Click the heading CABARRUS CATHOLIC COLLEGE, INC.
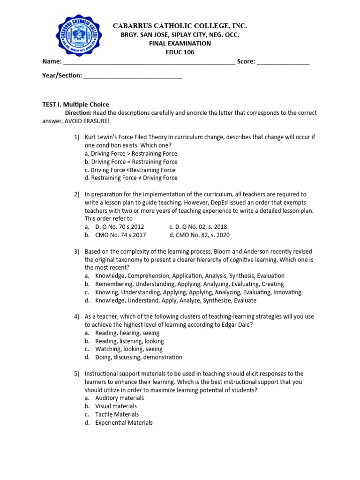click(180, 26)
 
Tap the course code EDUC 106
click(180, 52)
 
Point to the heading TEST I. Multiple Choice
click(75, 105)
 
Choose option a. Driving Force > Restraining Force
click(131, 154)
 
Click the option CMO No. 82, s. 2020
click(199, 235)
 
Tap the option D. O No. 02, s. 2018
click(198, 227)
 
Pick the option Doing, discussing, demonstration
click(138, 357)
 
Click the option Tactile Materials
click(117, 414)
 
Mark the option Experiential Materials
click(124, 423)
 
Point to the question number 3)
click(77, 252)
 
